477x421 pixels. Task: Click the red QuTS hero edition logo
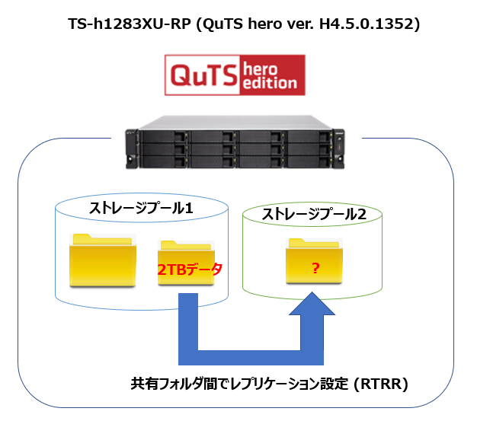[x=235, y=75]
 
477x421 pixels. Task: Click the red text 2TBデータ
[x=190, y=269]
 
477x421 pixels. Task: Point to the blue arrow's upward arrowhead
[x=312, y=308]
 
